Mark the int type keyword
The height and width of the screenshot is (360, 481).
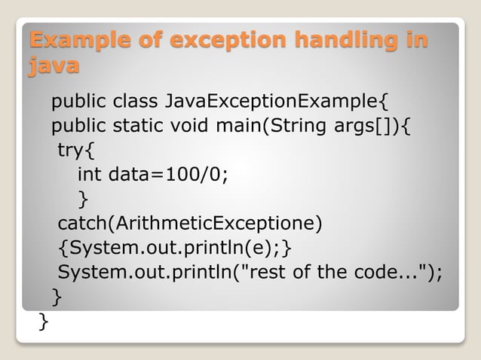tap(90, 175)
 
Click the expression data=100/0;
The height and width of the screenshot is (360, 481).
tap(168, 175)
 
